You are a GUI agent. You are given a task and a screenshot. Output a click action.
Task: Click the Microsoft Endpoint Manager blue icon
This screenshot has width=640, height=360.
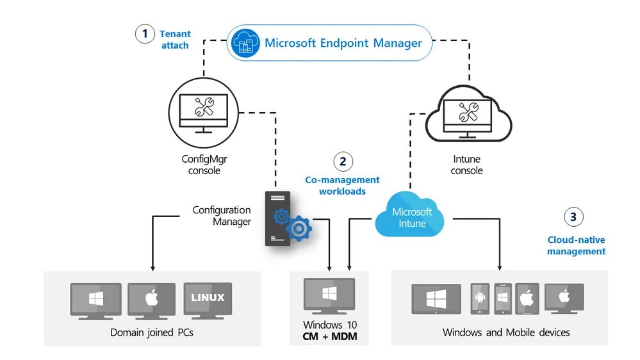[244, 43]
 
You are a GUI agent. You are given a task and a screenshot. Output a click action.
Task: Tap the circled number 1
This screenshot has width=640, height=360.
[145, 34]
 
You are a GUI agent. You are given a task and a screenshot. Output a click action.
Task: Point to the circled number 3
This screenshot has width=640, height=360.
[573, 217]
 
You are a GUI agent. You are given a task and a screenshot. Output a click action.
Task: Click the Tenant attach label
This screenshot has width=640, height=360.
[174, 40]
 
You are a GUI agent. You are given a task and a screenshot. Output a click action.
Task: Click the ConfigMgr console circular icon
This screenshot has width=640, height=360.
[202, 113]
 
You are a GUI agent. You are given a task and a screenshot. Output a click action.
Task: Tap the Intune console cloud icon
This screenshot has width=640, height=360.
[469, 114]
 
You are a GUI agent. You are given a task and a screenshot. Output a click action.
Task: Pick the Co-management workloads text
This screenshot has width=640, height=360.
[342, 186]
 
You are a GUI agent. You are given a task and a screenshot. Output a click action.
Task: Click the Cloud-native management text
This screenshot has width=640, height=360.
[576, 245]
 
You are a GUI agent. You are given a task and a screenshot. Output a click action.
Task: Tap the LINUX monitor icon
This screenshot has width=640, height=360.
[208, 300]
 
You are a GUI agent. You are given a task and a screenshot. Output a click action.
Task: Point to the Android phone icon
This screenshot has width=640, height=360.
[480, 299]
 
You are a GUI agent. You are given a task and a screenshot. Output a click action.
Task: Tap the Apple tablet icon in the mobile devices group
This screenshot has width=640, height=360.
[526, 299]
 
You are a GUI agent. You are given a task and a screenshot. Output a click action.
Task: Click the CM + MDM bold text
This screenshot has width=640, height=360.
[330, 336]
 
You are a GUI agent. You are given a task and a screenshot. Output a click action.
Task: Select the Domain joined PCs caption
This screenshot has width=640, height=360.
[152, 332]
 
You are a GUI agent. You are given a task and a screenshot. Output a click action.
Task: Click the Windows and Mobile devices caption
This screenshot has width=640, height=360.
[505, 332]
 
